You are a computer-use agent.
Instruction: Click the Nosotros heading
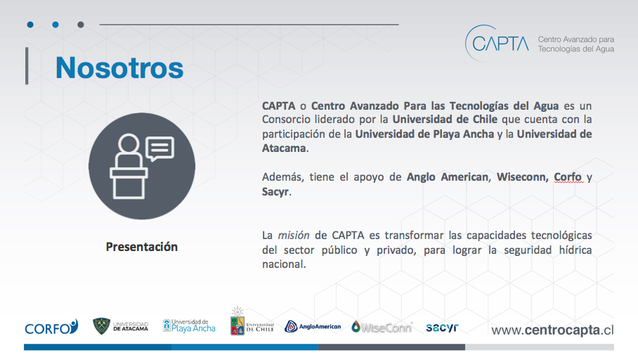pyautogui.click(x=119, y=67)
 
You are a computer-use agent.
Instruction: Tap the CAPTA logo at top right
pyautogui.click(x=539, y=43)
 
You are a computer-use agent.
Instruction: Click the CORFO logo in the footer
pyautogui.click(x=51, y=327)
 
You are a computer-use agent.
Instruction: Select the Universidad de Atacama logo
pyautogui.click(x=120, y=326)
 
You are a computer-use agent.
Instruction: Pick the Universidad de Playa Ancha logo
pyautogui.click(x=189, y=326)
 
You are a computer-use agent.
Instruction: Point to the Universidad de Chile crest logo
pyautogui.click(x=252, y=322)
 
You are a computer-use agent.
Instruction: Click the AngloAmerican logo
pyautogui.click(x=313, y=326)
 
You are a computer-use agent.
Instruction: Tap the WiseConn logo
pyautogui.click(x=382, y=327)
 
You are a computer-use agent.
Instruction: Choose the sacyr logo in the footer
pyautogui.click(x=442, y=327)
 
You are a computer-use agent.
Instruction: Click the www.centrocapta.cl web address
pyautogui.click(x=552, y=330)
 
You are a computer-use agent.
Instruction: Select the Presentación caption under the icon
pyautogui.click(x=142, y=247)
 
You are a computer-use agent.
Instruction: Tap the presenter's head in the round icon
pyautogui.click(x=129, y=144)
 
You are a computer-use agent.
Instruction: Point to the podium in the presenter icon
pyautogui.click(x=129, y=184)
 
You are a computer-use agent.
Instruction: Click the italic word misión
pyautogui.click(x=294, y=236)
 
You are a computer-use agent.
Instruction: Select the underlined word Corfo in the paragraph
pyautogui.click(x=568, y=177)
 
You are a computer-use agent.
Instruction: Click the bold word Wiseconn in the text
pyautogui.click(x=523, y=177)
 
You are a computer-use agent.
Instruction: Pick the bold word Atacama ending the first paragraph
pyautogui.click(x=284, y=148)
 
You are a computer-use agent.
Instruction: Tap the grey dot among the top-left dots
pyautogui.click(x=81, y=25)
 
